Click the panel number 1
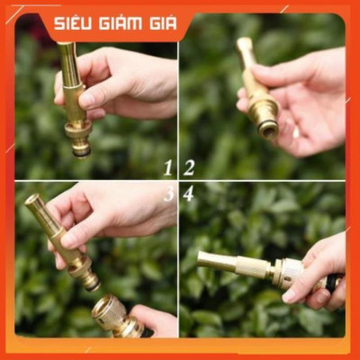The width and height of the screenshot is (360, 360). point(168,167)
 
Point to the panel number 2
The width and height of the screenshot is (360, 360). point(189,167)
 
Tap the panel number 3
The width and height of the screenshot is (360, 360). point(168,193)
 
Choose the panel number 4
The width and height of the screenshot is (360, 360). point(189,193)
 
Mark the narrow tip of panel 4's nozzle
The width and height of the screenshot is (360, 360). point(203,262)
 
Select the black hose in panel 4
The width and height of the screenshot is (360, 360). point(332,283)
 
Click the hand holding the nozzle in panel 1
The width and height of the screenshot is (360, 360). point(126,85)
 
